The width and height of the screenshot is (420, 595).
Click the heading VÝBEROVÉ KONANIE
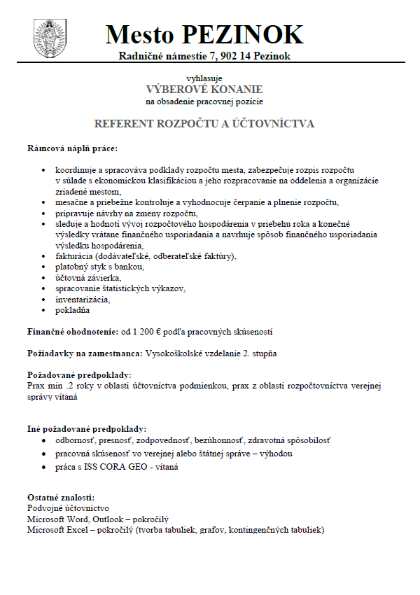(x=204, y=90)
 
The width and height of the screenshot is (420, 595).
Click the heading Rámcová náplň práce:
(x=72, y=148)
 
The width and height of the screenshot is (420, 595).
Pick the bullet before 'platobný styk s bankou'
(x=45, y=268)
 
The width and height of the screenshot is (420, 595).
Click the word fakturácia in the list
(x=79, y=257)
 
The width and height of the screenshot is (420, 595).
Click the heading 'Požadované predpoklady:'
(x=78, y=375)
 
